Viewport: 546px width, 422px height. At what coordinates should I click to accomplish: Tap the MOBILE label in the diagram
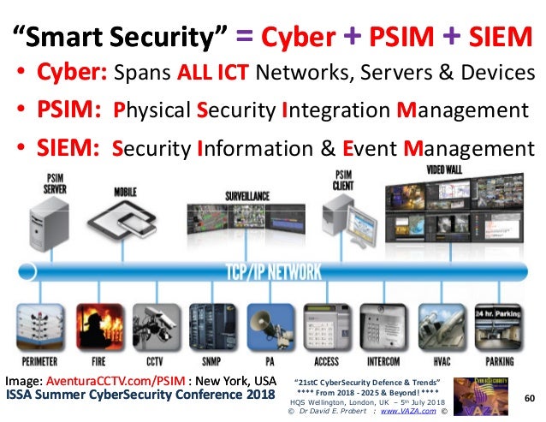tap(125, 193)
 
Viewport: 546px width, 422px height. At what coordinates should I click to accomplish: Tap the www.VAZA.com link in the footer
tap(412, 412)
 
